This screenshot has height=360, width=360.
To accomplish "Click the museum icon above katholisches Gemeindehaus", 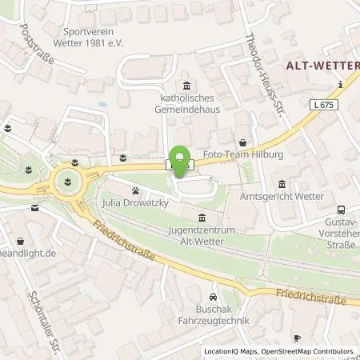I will pyautogui.click(x=186, y=86).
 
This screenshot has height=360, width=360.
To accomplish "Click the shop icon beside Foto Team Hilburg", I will pyautogui.click(x=242, y=138).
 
